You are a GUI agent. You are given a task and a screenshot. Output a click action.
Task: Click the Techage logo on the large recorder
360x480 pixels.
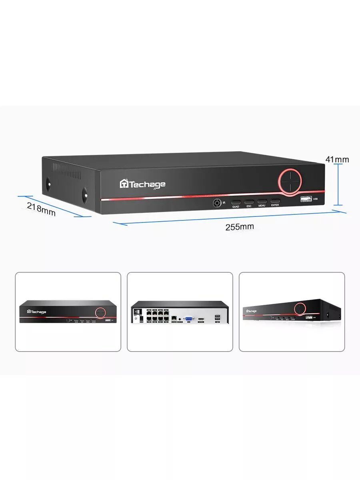pyautogui.click(x=142, y=184)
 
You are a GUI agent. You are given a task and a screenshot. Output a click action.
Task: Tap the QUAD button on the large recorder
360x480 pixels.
pyautogui.click(x=236, y=202)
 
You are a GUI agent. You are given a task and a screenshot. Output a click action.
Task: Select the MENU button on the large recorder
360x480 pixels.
pyautogui.click(x=262, y=202)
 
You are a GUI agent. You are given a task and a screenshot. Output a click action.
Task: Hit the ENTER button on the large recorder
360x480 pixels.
pyautogui.click(x=275, y=201)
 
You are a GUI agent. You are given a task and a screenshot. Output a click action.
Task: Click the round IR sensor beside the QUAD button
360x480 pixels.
pyautogui.click(x=217, y=203)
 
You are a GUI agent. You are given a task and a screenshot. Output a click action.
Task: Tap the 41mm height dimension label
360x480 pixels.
pyautogui.click(x=337, y=160)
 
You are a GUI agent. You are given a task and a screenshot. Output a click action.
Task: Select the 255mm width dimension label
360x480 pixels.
pyautogui.click(x=239, y=227)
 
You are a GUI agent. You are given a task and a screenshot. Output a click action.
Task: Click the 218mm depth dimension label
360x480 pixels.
pyautogui.click(x=41, y=209)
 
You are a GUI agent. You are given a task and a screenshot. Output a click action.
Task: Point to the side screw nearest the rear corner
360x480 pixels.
pyautogui.click(x=48, y=183)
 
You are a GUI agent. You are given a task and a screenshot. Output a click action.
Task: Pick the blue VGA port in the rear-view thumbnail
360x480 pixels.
pyautogui.click(x=189, y=318)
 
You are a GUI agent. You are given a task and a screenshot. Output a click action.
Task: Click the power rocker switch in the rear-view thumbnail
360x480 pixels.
pyautogui.click(x=137, y=312)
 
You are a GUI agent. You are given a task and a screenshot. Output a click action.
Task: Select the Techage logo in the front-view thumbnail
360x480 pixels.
pyautogui.click(x=36, y=312)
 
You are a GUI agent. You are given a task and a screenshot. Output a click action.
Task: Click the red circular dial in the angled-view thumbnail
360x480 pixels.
pyautogui.click(x=300, y=308)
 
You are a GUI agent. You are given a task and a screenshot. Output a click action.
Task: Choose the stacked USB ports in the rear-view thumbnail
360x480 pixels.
pyautogui.click(x=217, y=318)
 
